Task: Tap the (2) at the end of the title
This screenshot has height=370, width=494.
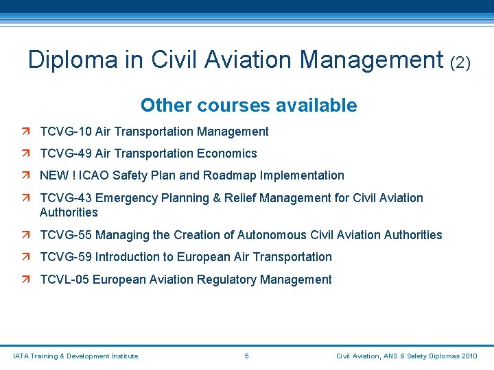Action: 460,62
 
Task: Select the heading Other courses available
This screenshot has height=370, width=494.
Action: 248,106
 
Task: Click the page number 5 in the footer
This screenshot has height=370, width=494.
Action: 246,356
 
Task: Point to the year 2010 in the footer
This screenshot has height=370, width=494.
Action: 469,356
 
